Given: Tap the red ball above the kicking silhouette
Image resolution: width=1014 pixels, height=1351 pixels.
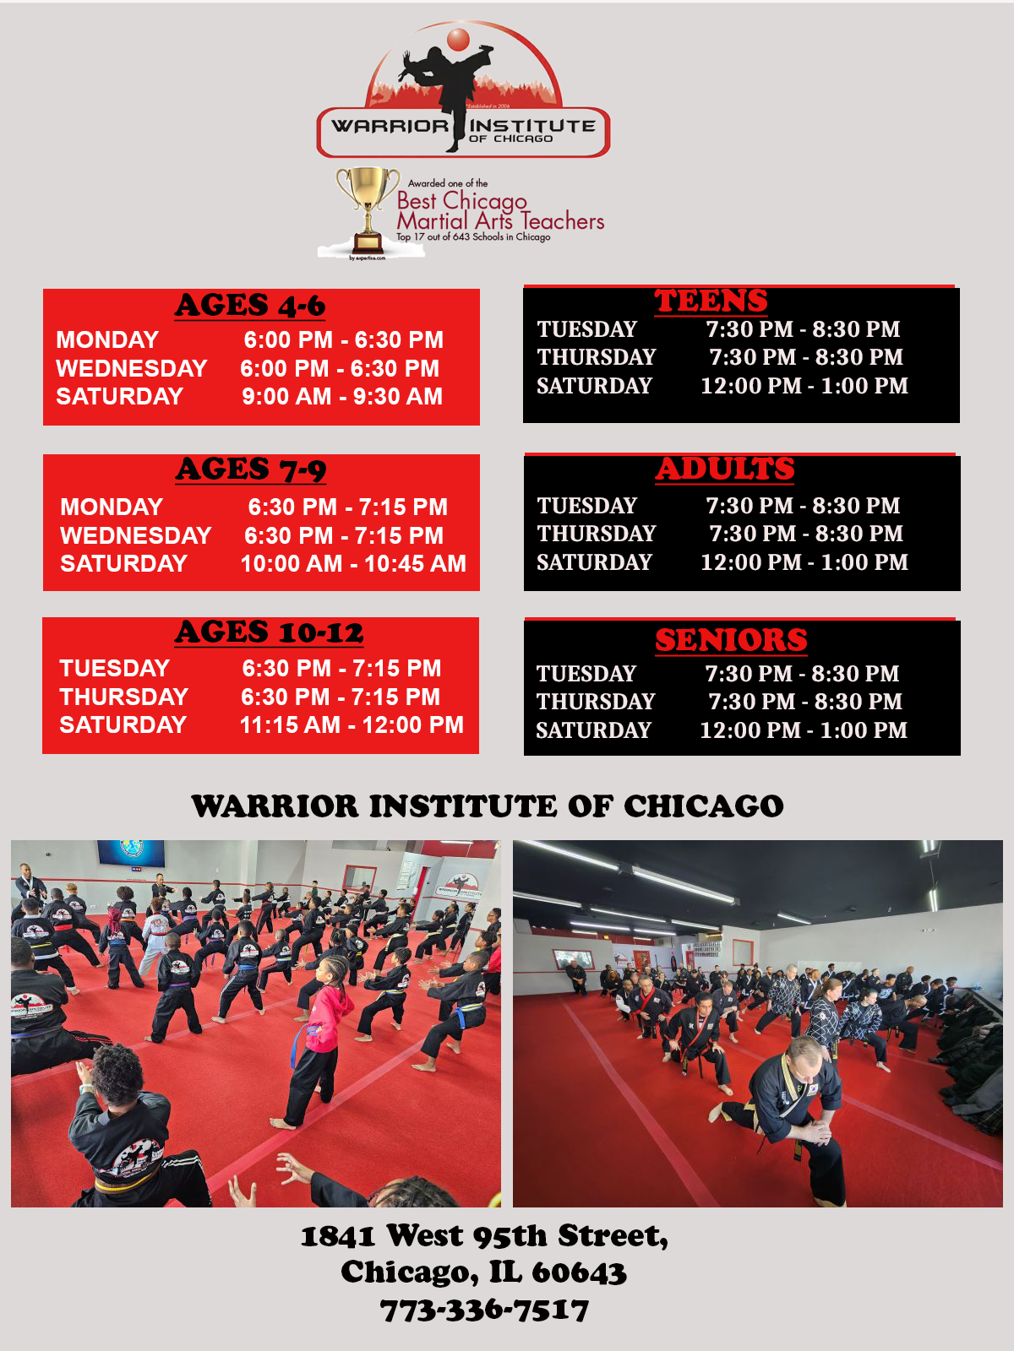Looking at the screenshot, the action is click(x=457, y=39).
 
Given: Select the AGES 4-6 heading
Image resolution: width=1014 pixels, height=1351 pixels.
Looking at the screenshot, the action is click(x=250, y=306).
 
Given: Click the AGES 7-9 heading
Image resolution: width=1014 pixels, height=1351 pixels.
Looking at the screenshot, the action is click(x=251, y=470).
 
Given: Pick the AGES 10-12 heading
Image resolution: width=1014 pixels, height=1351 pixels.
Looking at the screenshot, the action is click(x=269, y=632).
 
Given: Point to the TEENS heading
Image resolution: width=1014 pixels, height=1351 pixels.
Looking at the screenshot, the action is click(x=711, y=301).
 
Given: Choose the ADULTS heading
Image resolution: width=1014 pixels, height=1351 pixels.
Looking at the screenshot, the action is click(x=725, y=469).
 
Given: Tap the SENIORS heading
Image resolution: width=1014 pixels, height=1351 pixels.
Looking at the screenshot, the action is click(x=731, y=640).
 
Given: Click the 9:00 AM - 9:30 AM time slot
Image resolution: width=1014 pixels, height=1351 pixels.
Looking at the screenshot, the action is click(x=342, y=396).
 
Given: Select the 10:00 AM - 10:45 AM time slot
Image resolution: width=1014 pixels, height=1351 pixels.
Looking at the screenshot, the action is click(x=353, y=564).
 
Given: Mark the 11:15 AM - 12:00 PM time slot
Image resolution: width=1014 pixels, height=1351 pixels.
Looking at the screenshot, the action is click(x=352, y=725).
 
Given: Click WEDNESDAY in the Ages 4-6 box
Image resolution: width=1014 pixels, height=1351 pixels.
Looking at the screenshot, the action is click(x=132, y=368).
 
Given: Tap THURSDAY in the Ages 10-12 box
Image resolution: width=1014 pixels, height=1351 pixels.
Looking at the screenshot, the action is click(x=123, y=697).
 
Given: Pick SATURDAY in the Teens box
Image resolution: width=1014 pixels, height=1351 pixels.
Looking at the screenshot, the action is click(x=594, y=386).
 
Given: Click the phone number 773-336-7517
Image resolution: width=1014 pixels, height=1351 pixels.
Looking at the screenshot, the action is click(x=484, y=1310).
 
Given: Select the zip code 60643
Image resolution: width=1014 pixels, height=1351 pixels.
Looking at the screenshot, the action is click(x=579, y=1272).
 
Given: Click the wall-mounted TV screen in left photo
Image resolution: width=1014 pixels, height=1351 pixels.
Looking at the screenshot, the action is click(x=131, y=853).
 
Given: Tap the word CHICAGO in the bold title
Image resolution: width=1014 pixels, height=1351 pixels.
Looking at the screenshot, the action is click(x=704, y=806).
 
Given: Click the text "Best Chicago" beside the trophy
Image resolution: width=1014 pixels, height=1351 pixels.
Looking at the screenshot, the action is click(x=461, y=201).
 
